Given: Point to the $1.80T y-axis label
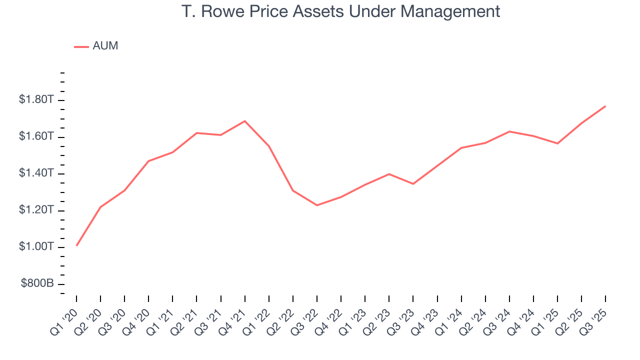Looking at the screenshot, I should pos(36,100).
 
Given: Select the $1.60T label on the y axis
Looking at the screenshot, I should pos(36,136).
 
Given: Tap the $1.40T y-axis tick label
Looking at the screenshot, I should pos(36,173).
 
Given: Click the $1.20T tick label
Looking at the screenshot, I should pos(36,210).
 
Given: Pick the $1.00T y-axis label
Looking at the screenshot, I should pos(36,247).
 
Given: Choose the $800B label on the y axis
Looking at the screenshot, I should pos(37,284).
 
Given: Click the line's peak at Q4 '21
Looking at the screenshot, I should pos(245,121).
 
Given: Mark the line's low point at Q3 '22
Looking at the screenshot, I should pos(317,205).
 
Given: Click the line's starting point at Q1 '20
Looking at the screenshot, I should pos(76,245).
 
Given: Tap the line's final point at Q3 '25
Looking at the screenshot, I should pos(605,106).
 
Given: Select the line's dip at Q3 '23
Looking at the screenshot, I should pos(413,184).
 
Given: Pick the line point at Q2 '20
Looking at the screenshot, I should pos(100,207).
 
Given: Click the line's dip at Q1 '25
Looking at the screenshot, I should pos(557,143).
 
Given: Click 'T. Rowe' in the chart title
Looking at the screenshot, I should pos(209,11).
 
